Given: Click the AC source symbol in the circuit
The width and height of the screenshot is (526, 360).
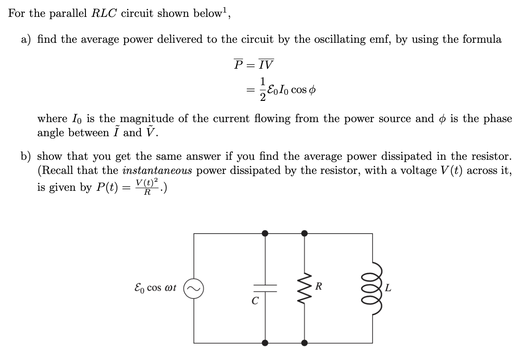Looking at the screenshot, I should [x=193, y=289].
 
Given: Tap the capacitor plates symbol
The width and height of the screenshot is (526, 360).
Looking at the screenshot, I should [x=265, y=288].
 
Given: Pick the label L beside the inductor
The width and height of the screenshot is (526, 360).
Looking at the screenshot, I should [x=388, y=289].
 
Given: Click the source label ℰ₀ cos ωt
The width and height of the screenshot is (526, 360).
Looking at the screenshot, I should [x=155, y=288].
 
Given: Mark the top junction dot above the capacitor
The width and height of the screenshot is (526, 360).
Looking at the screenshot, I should [x=265, y=234].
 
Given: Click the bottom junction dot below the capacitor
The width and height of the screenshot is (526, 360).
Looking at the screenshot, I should [x=265, y=343].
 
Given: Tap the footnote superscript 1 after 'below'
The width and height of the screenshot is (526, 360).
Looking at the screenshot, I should [x=225, y=11].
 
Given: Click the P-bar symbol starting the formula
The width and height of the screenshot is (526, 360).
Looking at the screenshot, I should [x=238, y=64].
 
